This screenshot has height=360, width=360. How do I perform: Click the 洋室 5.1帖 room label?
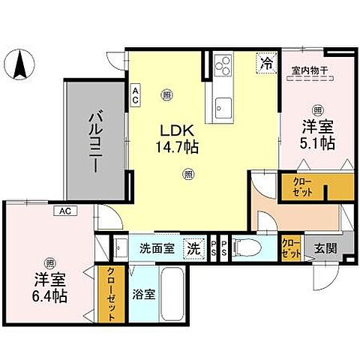(x=318, y=133)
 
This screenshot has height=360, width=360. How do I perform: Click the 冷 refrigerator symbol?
(x=266, y=63)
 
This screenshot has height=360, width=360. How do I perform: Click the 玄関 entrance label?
(x=325, y=248)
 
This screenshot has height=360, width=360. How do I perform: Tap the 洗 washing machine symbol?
(x=194, y=247)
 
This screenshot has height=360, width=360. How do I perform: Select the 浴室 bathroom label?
(x=145, y=294)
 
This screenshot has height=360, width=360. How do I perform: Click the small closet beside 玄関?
(x=289, y=247)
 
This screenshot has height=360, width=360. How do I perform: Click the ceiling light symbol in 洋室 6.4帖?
(x=49, y=262)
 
